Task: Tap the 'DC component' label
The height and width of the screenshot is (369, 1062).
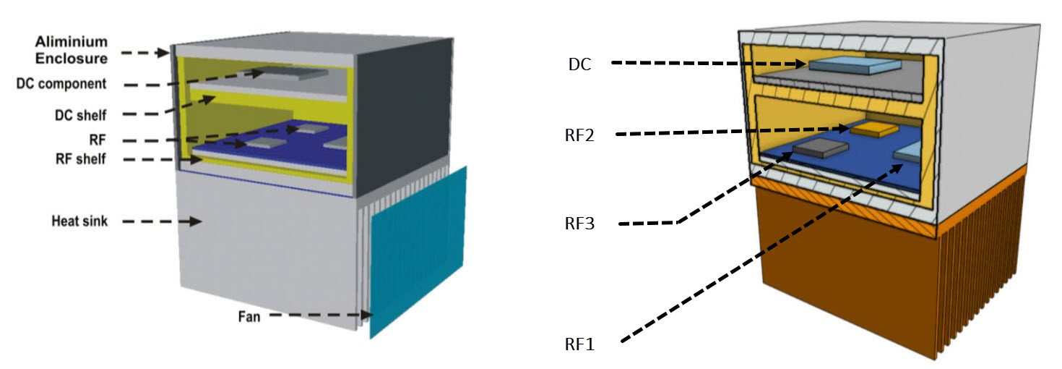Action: (61, 84)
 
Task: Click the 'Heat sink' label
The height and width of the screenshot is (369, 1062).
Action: (79, 221)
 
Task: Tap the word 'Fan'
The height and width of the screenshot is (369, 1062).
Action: (249, 315)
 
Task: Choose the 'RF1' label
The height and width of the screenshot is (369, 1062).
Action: (580, 344)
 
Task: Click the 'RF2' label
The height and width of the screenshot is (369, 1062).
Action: (580, 135)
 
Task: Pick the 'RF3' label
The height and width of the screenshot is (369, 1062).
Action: (580, 224)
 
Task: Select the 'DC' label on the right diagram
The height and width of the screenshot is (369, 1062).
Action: (579, 64)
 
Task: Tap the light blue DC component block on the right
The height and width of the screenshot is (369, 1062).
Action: (853, 65)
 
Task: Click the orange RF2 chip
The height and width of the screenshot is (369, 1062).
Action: (873, 128)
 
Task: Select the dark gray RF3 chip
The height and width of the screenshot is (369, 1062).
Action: (820, 149)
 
